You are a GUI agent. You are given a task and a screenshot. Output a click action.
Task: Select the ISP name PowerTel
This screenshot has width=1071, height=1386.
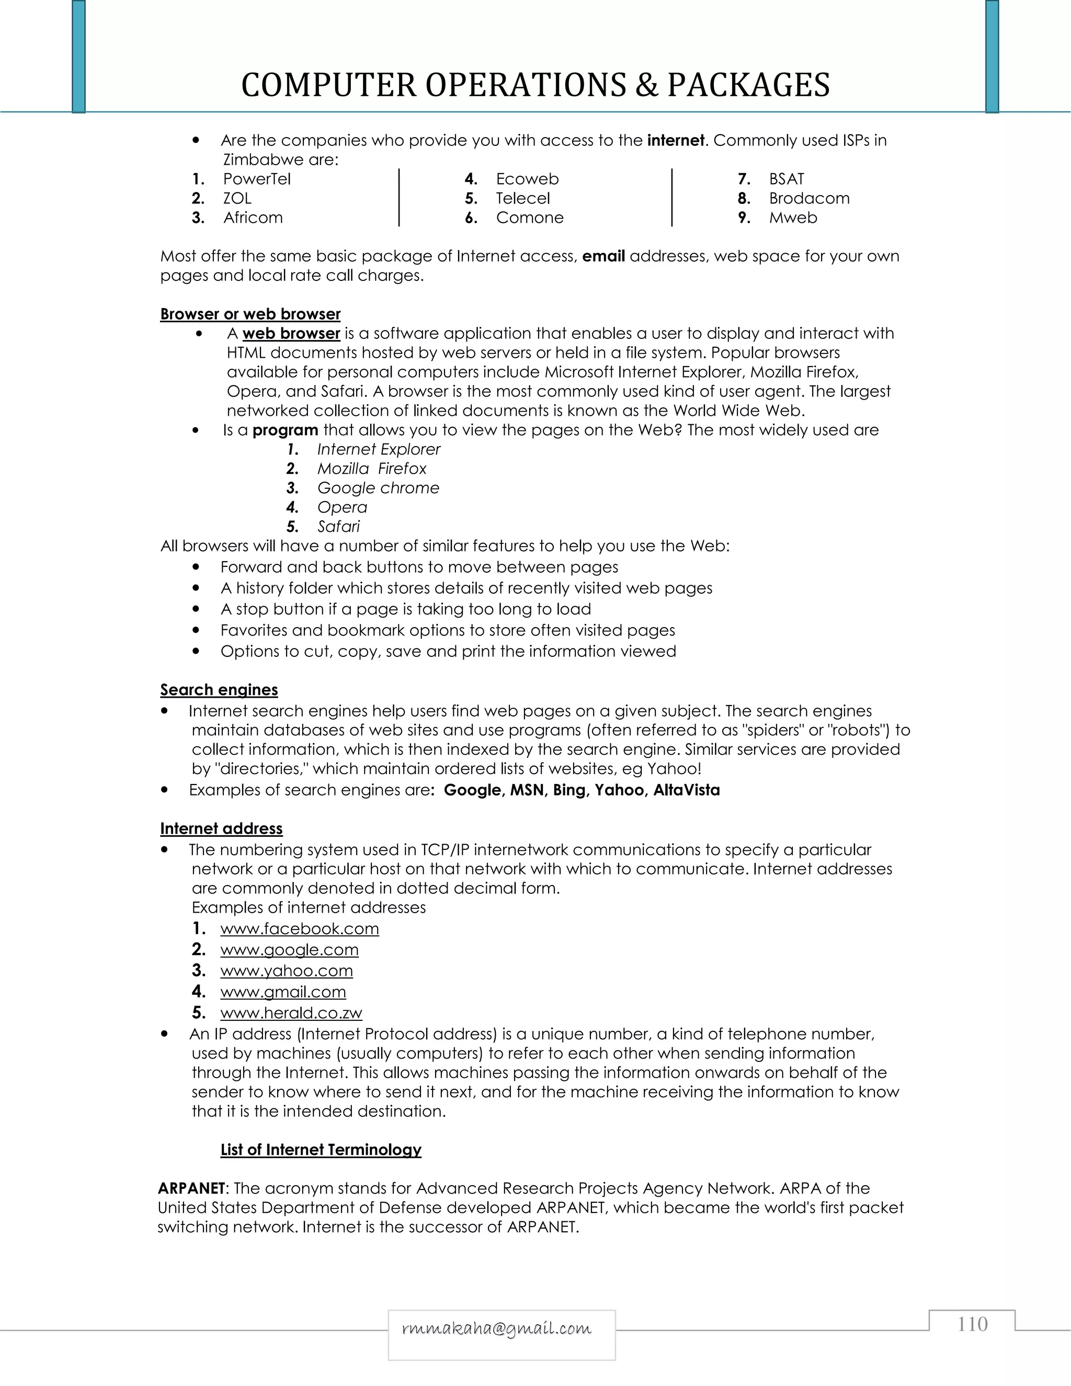[256, 179]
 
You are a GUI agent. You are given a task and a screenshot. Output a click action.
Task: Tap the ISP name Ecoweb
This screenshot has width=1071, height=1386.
[527, 179]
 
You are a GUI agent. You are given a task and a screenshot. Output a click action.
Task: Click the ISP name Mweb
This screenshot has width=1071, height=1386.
[793, 218]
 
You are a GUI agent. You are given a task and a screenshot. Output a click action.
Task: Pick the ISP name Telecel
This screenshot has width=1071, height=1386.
[523, 199]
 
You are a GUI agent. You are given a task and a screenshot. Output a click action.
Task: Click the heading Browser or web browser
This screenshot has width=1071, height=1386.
[250, 314]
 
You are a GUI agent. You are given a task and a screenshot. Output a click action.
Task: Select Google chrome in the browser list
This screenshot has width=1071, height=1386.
[378, 488]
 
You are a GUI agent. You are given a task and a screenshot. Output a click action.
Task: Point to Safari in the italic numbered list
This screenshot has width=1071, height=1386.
[338, 527]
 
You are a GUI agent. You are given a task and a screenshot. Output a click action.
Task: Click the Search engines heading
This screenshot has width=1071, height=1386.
[219, 690]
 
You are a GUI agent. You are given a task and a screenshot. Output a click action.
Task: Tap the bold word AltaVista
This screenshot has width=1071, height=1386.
[687, 790]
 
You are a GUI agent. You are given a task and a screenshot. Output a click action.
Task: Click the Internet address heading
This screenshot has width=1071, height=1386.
[221, 829]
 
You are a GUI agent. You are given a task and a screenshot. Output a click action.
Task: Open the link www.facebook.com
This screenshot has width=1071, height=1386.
[300, 929]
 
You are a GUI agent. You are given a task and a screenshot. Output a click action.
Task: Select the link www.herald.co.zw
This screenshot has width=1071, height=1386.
[291, 1014]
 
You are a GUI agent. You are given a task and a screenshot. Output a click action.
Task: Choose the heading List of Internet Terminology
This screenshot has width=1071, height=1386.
[321, 1150]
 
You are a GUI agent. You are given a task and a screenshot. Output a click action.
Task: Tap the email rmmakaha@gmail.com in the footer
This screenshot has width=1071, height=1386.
[497, 1329]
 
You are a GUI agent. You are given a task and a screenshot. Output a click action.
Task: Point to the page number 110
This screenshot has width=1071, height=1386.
[972, 1324]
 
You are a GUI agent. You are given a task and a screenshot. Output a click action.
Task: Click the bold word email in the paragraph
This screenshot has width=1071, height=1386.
[603, 256]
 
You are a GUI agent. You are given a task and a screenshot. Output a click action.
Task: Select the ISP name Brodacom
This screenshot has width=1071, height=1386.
[809, 199]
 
